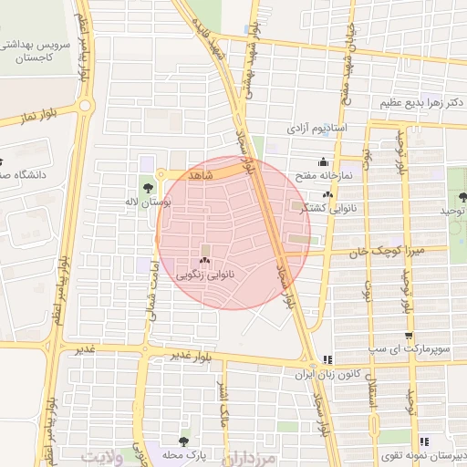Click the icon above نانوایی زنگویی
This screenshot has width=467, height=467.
(x=203, y=261)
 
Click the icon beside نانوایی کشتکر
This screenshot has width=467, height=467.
(x=328, y=194)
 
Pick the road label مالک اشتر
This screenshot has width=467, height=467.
(x=221, y=404)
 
